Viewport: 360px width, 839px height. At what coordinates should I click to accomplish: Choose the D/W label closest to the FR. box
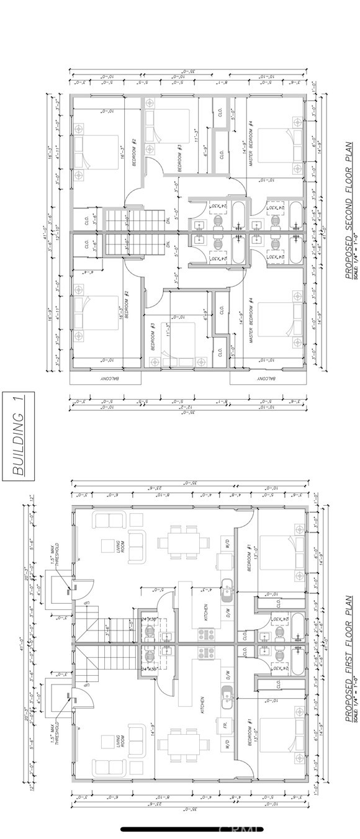(x=227, y=674)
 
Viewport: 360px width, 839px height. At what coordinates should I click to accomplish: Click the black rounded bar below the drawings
(x=192, y=829)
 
